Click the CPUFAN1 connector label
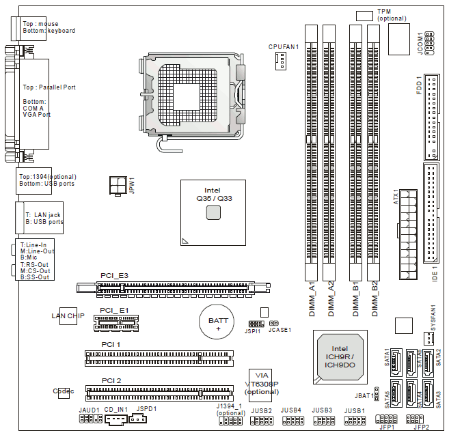[x=284, y=46]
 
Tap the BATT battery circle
[x=219, y=320]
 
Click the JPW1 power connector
[x=118, y=184]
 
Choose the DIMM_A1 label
[x=311, y=298]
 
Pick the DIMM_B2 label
[x=374, y=298]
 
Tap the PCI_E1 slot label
[x=114, y=310]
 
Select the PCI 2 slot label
[x=111, y=380]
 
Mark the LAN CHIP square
[x=68, y=316]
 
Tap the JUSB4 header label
[x=291, y=410]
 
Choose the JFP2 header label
[x=422, y=427]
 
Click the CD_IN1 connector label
[x=116, y=409]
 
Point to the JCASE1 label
[x=280, y=330]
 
